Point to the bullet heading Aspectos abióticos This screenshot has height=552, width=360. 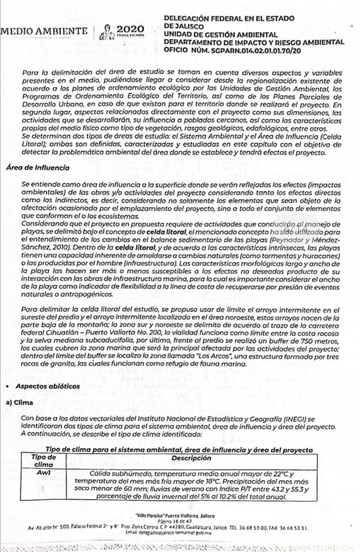click(x=48, y=386)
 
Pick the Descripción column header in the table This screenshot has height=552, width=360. click(x=191, y=458)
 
